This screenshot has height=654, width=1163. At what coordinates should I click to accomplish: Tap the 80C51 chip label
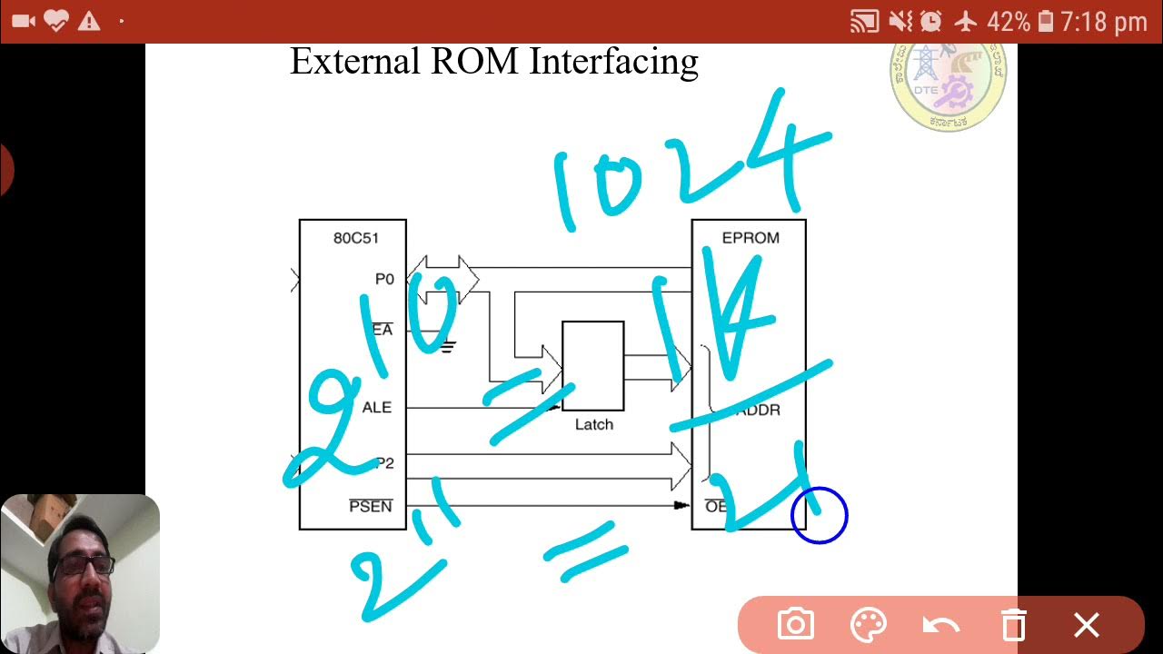coord(355,238)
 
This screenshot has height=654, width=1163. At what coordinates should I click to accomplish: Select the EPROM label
coord(750,238)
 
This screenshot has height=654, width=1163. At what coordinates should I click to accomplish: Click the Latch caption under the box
coord(594,424)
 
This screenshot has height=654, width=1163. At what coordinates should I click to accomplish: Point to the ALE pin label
coord(376,408)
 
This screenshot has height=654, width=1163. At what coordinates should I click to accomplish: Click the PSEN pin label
coord(371,506)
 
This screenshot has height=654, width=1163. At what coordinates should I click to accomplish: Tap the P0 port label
coord(384,279)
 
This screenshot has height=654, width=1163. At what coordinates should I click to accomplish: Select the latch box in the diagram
coord(592,366)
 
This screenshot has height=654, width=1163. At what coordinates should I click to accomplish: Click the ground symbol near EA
coord(446,346)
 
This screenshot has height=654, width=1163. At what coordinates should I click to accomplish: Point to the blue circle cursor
coord(820,515)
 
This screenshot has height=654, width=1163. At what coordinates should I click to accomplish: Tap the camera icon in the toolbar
coord(795,625)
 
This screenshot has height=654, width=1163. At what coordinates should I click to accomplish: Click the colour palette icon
coord(868,625)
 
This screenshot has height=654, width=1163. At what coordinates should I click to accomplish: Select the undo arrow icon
coord(940,625)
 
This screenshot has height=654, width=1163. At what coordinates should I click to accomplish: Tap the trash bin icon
coord(1013,625)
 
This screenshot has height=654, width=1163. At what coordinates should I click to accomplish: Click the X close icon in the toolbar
coord(1087,625)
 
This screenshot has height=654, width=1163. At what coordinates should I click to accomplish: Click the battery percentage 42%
coord(1009,21)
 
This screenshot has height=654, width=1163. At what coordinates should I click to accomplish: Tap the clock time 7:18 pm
coord(1104,21)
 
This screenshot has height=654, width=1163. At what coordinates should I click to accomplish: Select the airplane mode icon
coord(965,21)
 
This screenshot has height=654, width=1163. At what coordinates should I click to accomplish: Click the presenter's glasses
coord(84,565)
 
